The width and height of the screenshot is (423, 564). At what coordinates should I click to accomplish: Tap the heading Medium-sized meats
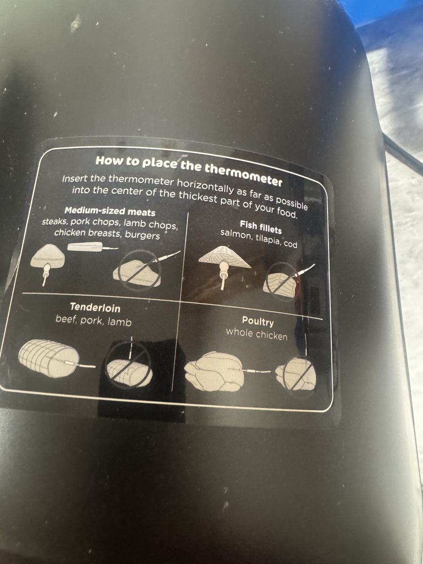110,211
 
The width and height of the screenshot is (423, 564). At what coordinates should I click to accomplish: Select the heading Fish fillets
261,227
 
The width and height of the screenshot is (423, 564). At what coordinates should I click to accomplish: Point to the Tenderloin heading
95,307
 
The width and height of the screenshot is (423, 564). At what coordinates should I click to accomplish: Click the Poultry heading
258,321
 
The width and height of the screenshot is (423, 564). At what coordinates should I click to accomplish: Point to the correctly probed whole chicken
215,371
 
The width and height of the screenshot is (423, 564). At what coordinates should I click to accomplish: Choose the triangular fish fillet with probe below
225,265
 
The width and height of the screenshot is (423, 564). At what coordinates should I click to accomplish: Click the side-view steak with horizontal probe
93,247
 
